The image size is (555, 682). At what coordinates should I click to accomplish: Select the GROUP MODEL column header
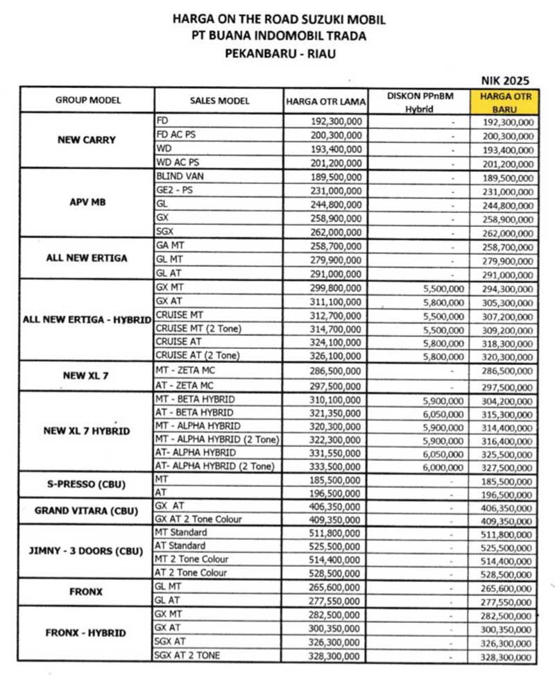tap(87, 100)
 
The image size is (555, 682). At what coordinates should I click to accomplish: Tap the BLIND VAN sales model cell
tap(180, 176)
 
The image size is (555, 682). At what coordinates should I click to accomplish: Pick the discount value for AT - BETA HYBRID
tap(443, 414)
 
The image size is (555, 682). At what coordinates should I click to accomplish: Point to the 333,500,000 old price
tap(335, 467)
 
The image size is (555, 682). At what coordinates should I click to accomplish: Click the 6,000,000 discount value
tap(443, 467)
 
